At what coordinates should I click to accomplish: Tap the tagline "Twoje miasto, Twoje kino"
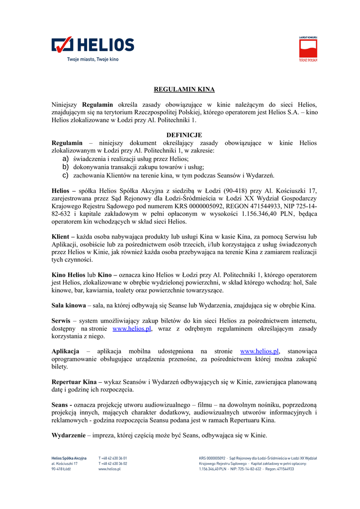(93, 60)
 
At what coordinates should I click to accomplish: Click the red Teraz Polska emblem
(308, 49)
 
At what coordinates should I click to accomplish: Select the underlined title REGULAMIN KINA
(184, 89)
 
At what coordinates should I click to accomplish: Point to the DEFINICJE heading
(184, 135)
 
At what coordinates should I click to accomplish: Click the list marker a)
(65, 158)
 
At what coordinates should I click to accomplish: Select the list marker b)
(65, 167)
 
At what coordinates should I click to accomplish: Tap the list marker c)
(65, 175)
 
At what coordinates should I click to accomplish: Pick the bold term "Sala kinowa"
(69, 305)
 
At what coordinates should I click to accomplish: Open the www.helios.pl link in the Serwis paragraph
(132, 329)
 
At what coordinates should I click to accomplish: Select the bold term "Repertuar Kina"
(74, 382)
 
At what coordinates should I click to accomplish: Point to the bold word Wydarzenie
(68, 435)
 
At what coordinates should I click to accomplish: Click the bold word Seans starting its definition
(60, 405)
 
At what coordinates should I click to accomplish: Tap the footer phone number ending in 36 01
(113, 458)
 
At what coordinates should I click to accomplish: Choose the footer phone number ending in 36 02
(113, 463)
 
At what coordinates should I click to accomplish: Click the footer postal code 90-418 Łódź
(61, 469)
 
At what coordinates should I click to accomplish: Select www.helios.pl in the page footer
(109, 469)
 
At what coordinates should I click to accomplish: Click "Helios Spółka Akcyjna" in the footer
(69, 458)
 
